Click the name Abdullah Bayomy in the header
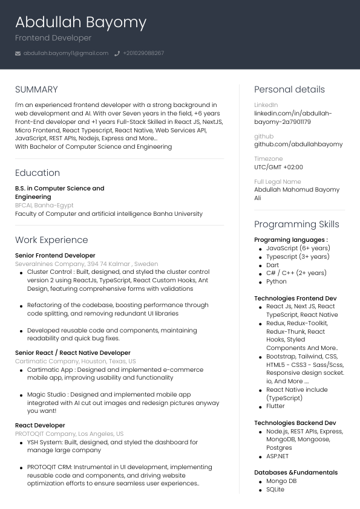[x=80, y=23]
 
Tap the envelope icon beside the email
[x=18, y=53]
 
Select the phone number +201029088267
[x=143, y=53]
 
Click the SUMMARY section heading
[x=36, y=89]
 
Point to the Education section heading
[x=38, y=173]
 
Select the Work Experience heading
[x=51, y=240]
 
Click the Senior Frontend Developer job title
[x=55, y=256]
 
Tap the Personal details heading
[x=289, y=89]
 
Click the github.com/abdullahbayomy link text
[x=298, y=144]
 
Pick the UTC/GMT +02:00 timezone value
[x=278, y=167]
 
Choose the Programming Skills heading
[x=296, y=224]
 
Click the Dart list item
[x=273, y=265]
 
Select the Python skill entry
[x=277, y=282]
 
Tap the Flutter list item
[x=275, y=406]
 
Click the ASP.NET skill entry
[x=278, y=456]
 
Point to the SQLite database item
[x=275, y=490]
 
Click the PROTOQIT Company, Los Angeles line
[x=69, y=434]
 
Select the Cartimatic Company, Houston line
[x=75, y=361]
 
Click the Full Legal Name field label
[x=277, y=182]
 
